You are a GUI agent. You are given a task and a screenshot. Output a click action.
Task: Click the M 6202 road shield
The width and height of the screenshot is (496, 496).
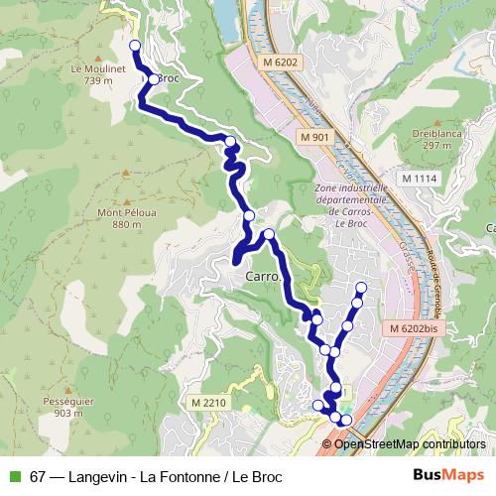[x=281, y=62]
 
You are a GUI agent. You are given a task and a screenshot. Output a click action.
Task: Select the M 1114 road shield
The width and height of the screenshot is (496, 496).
[x=419, y=177]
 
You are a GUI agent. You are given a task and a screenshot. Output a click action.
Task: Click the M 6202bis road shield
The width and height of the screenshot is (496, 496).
[x=411, y=327]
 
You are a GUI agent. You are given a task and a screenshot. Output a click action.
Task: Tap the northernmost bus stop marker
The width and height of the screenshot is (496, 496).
[x=135, y=45]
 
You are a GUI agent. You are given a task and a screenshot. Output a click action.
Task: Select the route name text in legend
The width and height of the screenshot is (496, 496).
[x=156, y=476]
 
